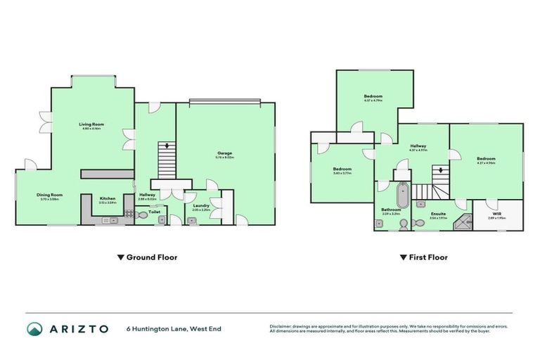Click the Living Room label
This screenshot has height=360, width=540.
pyautogui.click(x=91, y=124)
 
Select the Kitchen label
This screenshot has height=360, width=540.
pyautogui.click(x=107, y=199)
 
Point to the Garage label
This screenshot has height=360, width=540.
pyautogui.click(x=224, y=153)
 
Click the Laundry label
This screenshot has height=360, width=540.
pyautogui.click(x=201, y=205)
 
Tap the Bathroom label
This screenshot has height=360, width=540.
pyautogui.click(x=391, y=210)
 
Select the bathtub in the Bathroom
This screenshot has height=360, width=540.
pyautogui.click(x=402, y=195)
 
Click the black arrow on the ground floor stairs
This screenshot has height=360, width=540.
pyautogui.click(x=166, y=146)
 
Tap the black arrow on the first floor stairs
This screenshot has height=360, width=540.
pyautogui.click(x=441, y=169)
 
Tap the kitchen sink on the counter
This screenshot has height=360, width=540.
pyautogui.click(x=107, y=220)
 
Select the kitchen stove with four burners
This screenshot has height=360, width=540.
pyautogui.click(x=129, y=214)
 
